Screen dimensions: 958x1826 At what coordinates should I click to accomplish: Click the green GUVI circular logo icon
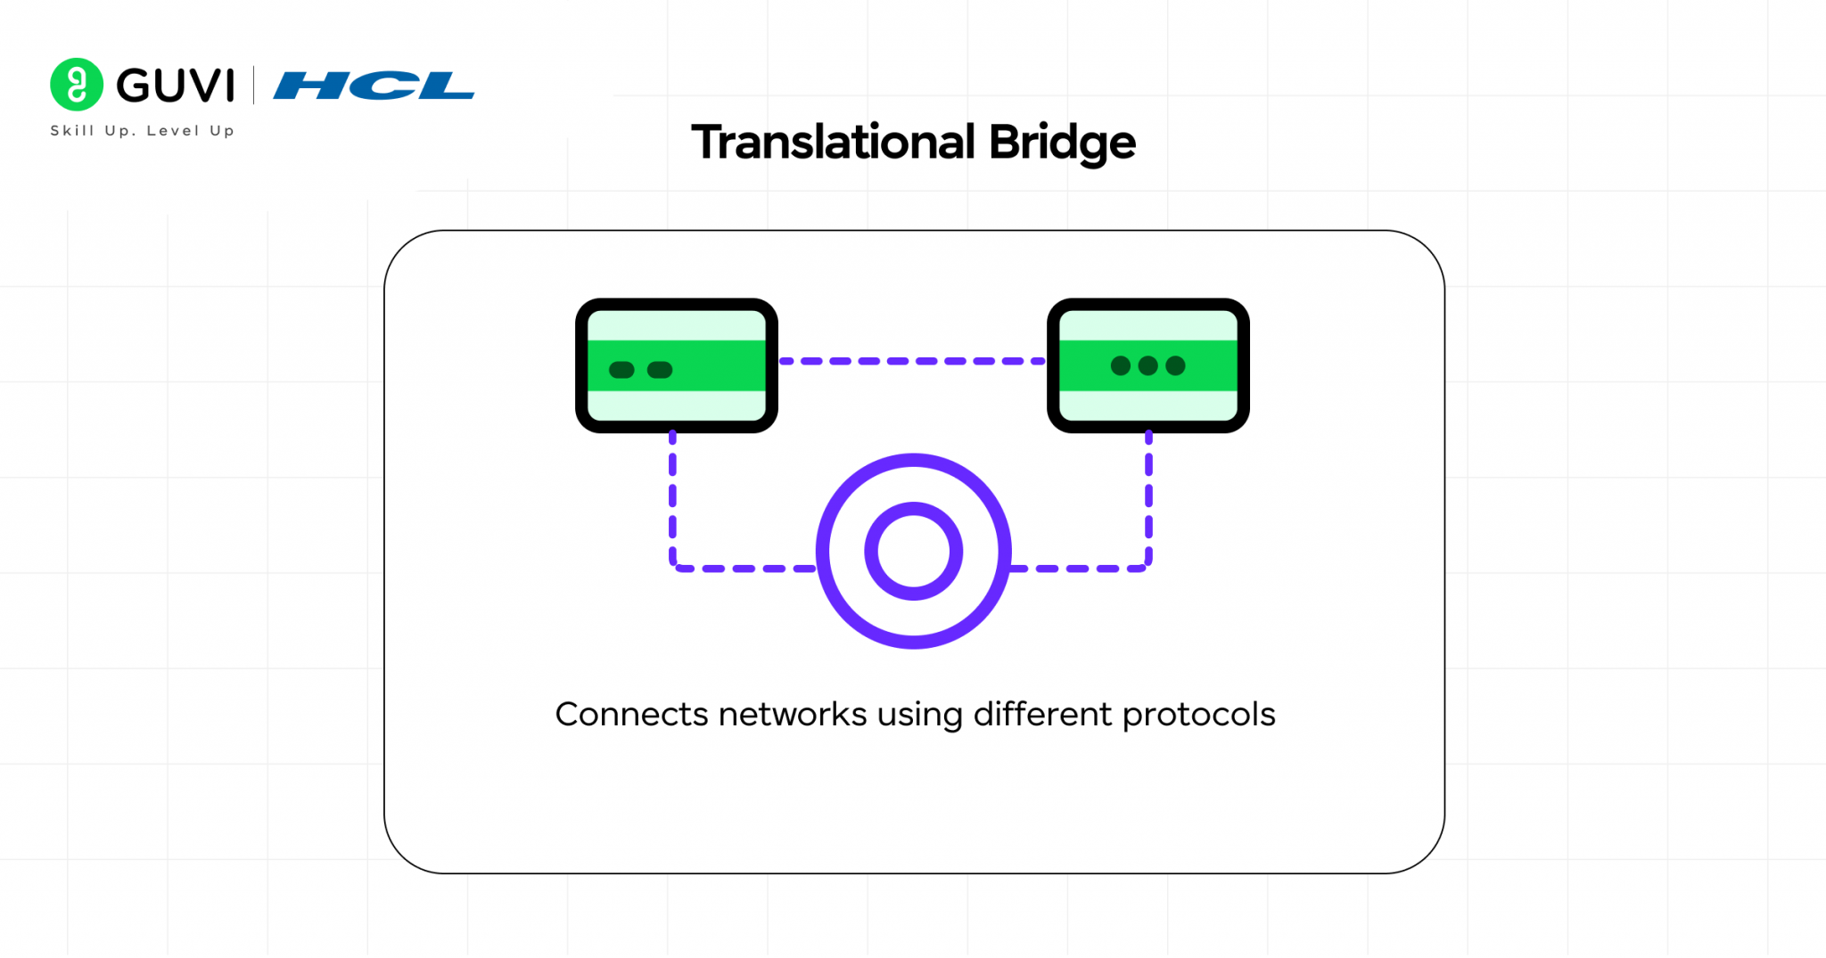click(x=77, y=85)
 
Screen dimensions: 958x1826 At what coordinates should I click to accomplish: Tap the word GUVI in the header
click(x=176, y=86)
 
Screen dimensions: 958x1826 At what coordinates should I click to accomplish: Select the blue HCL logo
click(x=374, y=86)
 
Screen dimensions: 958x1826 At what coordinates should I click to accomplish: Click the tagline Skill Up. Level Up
click(x=143, y=131)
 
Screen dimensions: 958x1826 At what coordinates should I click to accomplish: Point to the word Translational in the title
click(x=834, y=143)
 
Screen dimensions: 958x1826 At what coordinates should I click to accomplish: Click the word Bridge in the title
click(x=1062, y=143)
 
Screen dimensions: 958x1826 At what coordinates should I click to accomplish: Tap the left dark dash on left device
click(x=621, y=370)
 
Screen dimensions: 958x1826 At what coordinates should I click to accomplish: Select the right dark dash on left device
click(x=660, y=370)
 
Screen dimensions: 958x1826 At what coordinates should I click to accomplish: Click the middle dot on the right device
click(x=1148, y=365)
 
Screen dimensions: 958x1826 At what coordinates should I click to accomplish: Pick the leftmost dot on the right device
click(x=1121, y=365)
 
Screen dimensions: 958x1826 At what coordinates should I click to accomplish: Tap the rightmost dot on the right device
click(x=1176, y=365)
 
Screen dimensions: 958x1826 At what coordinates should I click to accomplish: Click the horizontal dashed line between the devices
click(x=912, y=361)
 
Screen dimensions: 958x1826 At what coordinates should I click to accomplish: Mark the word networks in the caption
click(x=793, y=715)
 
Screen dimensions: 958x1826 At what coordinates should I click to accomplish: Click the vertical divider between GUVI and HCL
click(x=254, y=86)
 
